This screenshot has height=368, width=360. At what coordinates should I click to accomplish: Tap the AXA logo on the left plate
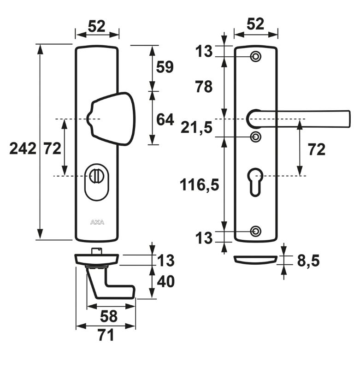[x=97, y=222]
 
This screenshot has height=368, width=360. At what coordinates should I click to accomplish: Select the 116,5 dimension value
[x=199, y=184]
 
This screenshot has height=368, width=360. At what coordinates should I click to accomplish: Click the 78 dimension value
[x=203, y=86]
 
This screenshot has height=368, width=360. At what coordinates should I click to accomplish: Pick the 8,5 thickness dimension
[x=308, y=261]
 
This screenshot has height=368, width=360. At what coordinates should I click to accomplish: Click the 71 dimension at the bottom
[x=106, y=335]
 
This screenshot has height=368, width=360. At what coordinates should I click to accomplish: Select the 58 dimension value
[x=109, y=316]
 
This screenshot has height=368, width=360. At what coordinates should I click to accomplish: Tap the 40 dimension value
[x=165, y=281]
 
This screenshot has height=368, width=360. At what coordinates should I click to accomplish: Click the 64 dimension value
[x=165, y=119]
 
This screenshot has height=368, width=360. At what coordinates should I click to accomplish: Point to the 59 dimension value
[x=165, y=67]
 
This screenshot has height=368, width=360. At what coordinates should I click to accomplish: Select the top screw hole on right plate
[x=255, y=57]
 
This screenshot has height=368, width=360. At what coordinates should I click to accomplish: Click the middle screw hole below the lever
[x=255, y=137]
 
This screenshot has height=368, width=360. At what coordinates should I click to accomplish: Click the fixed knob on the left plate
[x=113, y=118]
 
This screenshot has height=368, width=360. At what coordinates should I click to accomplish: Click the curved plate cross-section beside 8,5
[x=256, y=259]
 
